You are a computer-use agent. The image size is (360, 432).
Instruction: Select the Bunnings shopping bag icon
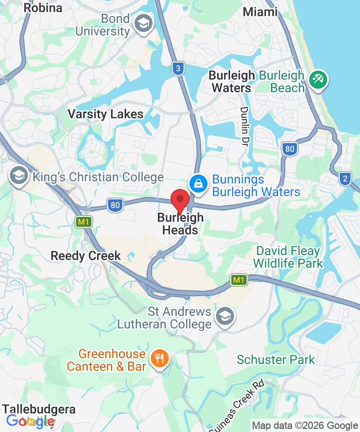coord(198,183)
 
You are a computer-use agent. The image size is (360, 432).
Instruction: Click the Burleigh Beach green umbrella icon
coord(318,81)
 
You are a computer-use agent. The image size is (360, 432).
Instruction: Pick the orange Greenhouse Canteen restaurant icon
coord(159,360)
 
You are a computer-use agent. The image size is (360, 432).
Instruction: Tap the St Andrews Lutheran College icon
coord(224,316)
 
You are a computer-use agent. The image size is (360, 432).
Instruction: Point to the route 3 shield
coord(178,69)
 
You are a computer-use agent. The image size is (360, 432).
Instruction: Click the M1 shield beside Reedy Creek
coord(82,221)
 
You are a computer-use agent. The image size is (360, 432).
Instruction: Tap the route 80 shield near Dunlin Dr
coord(289,149)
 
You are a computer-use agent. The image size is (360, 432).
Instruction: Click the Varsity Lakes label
coord(105,114)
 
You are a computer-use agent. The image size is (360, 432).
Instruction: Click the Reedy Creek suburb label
coord(85,256)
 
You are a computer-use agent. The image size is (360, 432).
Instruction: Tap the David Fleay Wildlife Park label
coord(288,257)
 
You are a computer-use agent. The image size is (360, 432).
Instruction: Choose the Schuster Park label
coord(276,360)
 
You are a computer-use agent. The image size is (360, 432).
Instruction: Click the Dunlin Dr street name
coord(246,123)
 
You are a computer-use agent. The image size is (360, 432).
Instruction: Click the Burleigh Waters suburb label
coord(231,81)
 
